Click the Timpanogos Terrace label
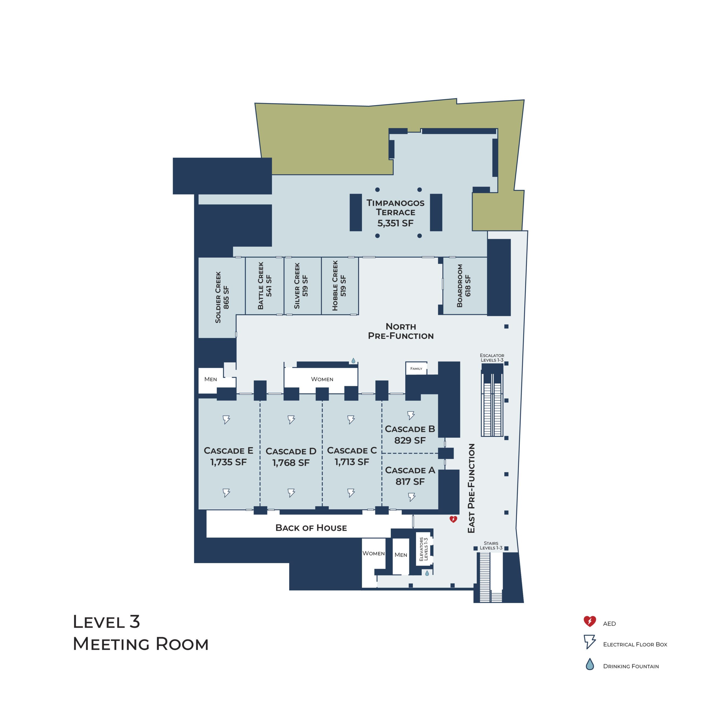click(x=395, y=213)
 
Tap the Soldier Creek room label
click(x=222, y=297)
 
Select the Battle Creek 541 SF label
click(x=265, y=286)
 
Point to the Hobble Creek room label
click(x=339, y=286)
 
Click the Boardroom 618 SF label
click(x=464, y=286)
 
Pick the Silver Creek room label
click(x=301, y=286)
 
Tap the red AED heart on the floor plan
click(x=453, y=519)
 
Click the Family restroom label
click(x=416, y=369)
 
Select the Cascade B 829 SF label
click(x=410, y=434)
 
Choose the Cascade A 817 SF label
click(x=410, y=476)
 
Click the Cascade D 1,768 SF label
click(x=291, y=457)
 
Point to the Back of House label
click(x=311, y=528)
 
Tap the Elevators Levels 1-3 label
click(x=423, y=549)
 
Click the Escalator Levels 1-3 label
click(x=492, y=358)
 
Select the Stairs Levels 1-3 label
click(x=491, y=545)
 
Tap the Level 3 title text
click(x=106, y=622)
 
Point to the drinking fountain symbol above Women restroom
click(x=353, y=361)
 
